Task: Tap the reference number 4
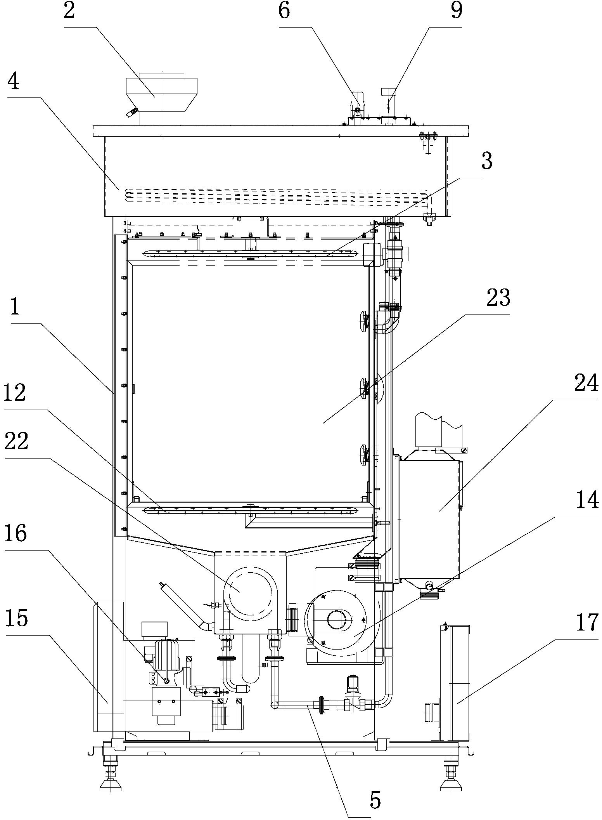(14, 82)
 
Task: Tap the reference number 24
(586, 385)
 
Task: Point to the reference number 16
(16, 534)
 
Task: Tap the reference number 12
(15, 393)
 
